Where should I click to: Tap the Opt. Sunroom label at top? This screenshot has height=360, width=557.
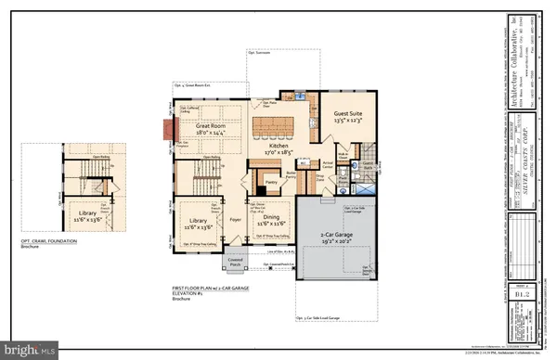coord(261,52)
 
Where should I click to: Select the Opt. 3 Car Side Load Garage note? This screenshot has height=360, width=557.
coord(325,318)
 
